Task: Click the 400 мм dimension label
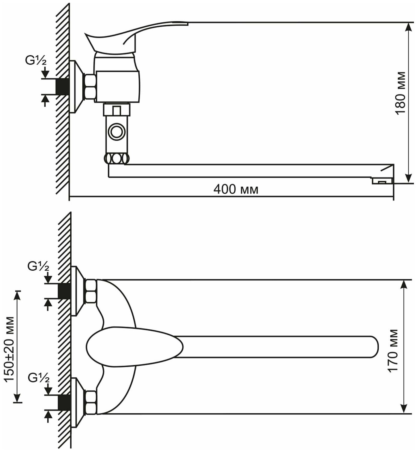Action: pyautogui.click(x=236, y=189)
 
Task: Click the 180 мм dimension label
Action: pyautogui.click(x=401, y=93)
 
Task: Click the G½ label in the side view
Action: pyautogui.click(x=36, y=61)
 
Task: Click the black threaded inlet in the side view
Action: pyautogui.click(x=63, y=86)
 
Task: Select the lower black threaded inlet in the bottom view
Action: pyautogui.click(x=64, y=403)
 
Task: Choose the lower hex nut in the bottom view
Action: pyautogui.click(x=91, y=402)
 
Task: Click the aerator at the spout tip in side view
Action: pyautogui.click(x=382, y=181)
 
